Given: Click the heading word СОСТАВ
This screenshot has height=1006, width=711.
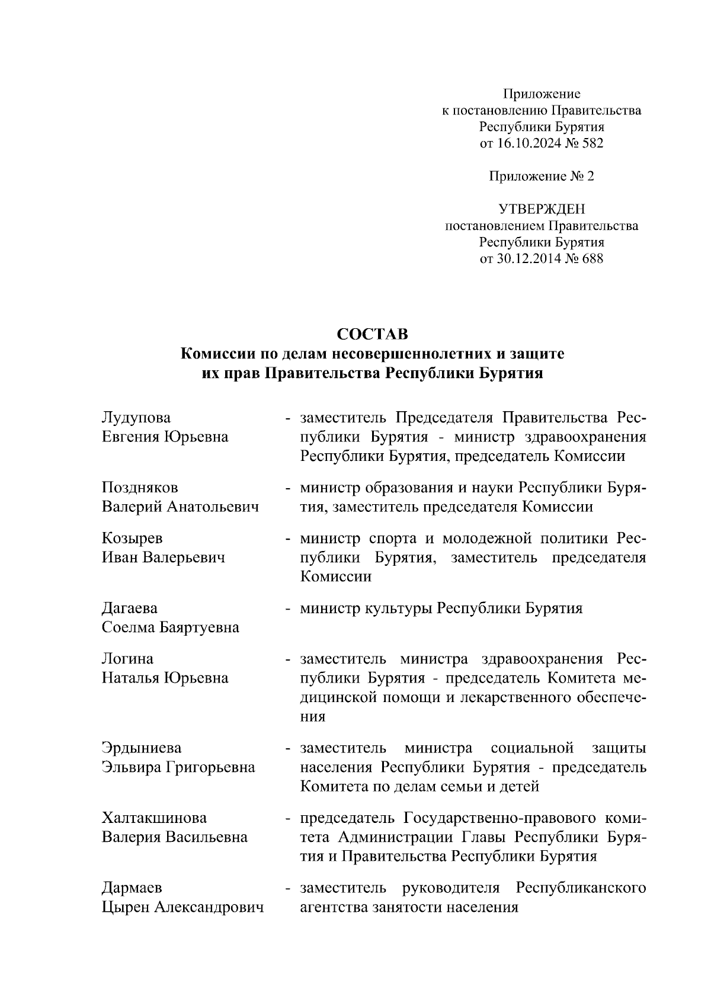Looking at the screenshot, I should (x=372, y=334).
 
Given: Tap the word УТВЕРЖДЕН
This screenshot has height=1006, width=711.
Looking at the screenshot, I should (x=541, y=209).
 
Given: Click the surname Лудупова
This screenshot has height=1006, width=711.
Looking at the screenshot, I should (x=136, y=418).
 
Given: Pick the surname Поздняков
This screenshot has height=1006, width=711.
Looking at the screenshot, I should (x=140, y=488).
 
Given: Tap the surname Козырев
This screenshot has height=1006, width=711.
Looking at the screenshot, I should (x=132, y=539).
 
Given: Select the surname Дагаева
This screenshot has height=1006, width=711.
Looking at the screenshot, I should (x=130, y=608).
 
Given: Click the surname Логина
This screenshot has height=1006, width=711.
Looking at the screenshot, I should (x=127, y=659).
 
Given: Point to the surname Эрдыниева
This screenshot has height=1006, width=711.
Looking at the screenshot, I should (x=142, y=748).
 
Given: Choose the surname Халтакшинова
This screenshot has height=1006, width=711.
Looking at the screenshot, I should (x=155, y=818).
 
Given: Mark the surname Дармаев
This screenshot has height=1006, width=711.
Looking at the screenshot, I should (x=132, y=888).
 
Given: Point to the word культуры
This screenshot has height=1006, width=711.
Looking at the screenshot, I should (x=400, y=608).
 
